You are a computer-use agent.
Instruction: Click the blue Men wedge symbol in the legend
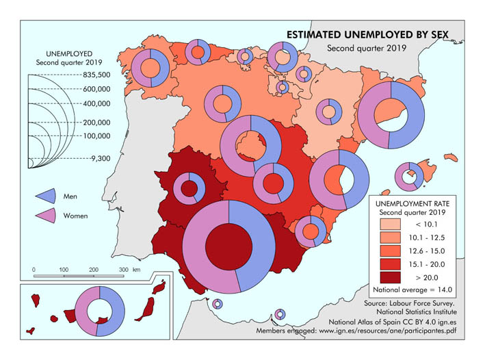click(46, 196)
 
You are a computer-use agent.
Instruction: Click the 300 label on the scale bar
click(124, 270)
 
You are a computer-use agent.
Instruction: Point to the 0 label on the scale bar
click(34, 270)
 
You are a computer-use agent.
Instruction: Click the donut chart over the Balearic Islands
click(410, 177)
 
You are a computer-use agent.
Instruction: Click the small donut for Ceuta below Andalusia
click(218, 304)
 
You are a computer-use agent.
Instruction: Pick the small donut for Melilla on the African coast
click(279, 314)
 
